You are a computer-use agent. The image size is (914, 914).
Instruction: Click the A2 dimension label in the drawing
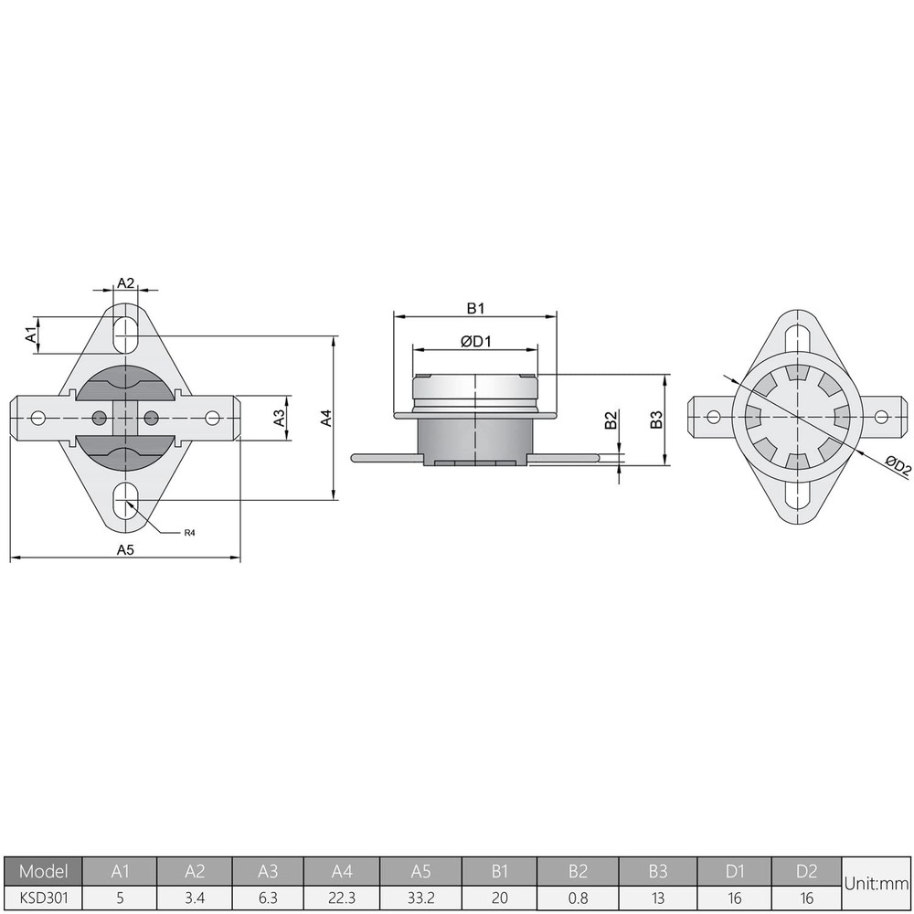pos(126,283)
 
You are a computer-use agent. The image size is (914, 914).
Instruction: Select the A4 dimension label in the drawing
pos(325,418)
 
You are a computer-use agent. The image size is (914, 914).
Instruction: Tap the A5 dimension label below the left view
pos(125,549)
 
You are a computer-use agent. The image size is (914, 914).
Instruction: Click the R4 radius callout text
pos(190,532)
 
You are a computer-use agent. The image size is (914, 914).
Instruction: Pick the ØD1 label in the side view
pos(476,341)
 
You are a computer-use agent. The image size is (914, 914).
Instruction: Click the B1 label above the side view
pos(475,307)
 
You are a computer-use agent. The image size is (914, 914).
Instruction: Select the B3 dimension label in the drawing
pos(655,420)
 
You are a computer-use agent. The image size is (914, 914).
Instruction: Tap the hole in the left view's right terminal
pos(212,418)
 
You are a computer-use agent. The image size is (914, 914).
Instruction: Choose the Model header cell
pos(44,871)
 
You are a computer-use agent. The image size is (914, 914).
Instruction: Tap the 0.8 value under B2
pos(578,898)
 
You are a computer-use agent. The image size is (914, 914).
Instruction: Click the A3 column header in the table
pos(269,871)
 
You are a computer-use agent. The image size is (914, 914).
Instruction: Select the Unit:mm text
pos(877,884)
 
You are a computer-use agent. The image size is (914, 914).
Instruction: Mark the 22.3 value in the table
pos(342,898)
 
